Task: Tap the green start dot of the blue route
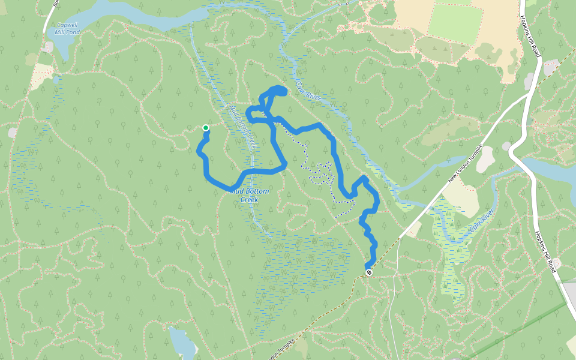point(206,127)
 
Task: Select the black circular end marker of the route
point(369,272)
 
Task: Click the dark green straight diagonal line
point(516,330)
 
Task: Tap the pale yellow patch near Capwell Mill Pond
point(41,75)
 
